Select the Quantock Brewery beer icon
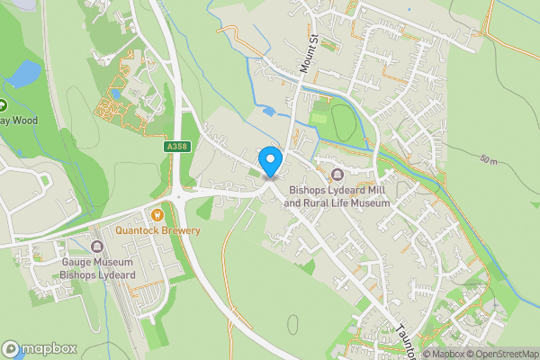(157, 215)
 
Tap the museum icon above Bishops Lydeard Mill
(337, 175)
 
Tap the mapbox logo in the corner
(39, 348)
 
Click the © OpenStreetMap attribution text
(499, 354)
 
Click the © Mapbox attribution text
(440, 354)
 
